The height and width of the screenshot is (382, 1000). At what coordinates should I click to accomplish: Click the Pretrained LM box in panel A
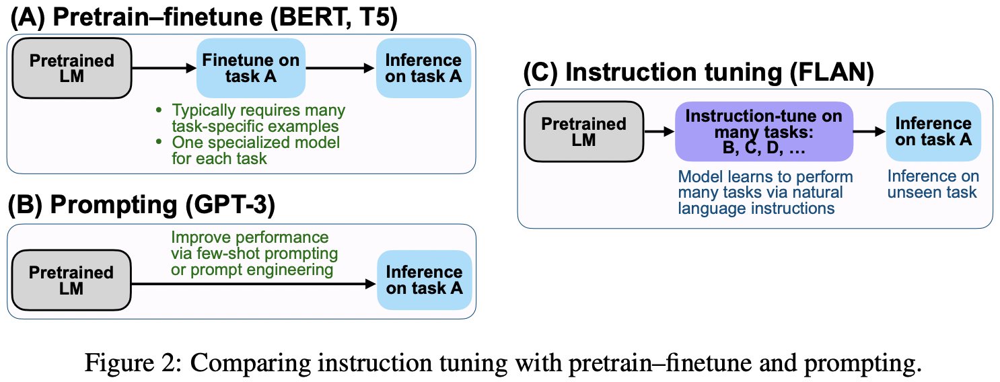(71, 69)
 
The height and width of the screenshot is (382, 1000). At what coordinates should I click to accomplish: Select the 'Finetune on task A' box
(251, 69)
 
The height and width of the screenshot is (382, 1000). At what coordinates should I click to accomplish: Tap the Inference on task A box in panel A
(423, 69)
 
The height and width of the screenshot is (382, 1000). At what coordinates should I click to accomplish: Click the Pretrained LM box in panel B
(71, 280)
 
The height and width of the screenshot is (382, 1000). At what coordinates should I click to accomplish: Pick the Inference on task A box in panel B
(424, 280)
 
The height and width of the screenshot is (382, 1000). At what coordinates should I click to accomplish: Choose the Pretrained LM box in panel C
(583, 132)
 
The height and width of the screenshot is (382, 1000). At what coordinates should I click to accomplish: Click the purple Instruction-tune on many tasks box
(763, 132)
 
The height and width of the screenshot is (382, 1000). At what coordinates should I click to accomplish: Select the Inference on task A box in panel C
(933, 132)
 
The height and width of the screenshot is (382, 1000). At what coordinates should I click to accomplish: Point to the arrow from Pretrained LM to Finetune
(164, 68)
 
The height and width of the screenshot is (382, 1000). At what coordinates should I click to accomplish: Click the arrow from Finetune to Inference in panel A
(341, 68)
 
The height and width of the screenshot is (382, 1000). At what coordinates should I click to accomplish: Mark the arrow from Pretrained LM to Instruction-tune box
(658, 132)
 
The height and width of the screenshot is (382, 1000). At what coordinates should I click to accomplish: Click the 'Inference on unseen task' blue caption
(933, 184)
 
